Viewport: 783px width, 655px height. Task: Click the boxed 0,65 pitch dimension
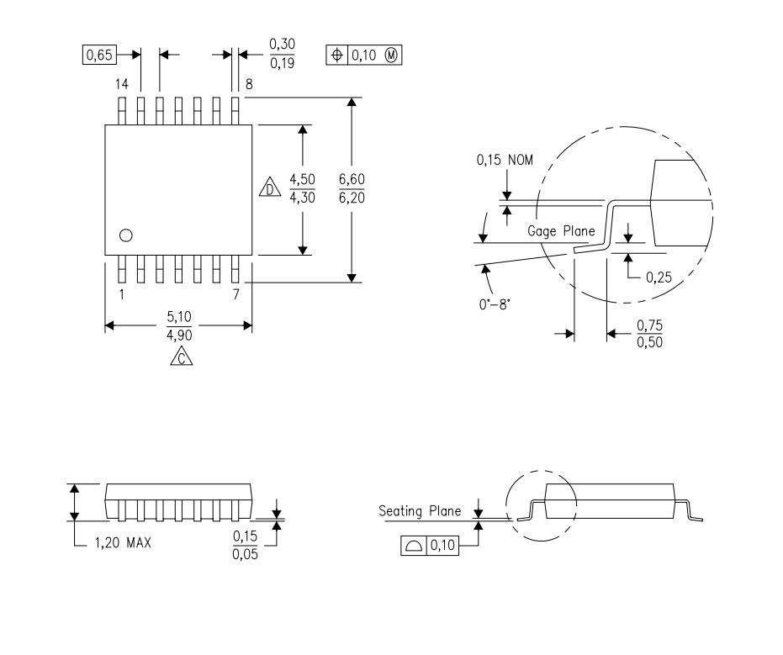pos(99,55)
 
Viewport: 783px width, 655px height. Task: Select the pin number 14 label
pos(122,84)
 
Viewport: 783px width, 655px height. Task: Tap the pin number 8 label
pos(249,84)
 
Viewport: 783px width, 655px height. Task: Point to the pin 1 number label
pos(121,294)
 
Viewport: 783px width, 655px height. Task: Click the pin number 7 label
pos(236,294)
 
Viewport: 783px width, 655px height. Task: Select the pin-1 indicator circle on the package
pos(126,230)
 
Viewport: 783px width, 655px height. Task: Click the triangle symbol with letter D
pos(270,188)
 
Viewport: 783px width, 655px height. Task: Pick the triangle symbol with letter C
pos(182,356)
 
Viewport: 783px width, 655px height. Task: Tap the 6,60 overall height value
pos(352,179)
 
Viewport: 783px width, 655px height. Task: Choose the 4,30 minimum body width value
pos(302,198)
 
